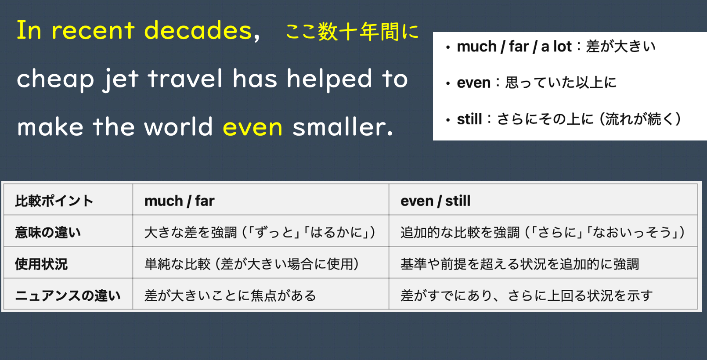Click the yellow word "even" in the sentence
[252, 127]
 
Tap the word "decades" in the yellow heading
[198, 30]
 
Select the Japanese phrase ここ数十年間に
[352, 32]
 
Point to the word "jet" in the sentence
[121, 79]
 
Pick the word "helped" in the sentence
[329, 79]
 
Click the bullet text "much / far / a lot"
[514, 47]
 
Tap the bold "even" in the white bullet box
[474, 83]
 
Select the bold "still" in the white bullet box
[469, 119]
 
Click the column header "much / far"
[179, 201]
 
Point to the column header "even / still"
[435, 201]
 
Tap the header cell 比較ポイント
[54, 201]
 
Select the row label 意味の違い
[48, 233]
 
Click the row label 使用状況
[41, 264]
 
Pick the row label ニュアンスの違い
[68, 295]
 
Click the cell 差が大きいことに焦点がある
[230, 295]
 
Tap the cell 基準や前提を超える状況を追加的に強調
[520, 264]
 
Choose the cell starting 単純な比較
[252, 264]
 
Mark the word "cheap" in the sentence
[55, 79]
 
